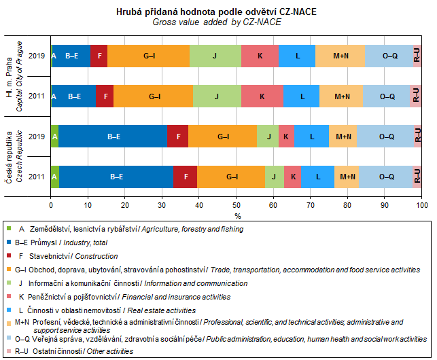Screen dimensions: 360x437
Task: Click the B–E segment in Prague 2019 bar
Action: pos(71,56)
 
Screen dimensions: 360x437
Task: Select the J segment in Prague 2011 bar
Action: pos(217,96)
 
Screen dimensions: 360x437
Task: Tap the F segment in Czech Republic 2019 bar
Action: pos(177,137)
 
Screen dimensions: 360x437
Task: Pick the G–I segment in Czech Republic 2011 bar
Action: pos(231,177)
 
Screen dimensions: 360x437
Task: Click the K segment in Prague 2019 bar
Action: pos(260,56)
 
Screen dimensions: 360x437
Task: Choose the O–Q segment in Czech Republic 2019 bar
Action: pos(386,137)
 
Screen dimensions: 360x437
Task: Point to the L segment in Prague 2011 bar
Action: pos(302,96)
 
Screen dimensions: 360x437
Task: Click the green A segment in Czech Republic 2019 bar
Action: pos(54,137)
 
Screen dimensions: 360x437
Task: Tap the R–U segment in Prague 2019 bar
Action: pos(417,56)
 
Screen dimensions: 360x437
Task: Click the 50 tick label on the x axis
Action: pos(236,204)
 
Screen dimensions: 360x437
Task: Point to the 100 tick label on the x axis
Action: pos(421,204)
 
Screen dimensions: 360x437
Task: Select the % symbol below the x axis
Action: pos(238,215)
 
